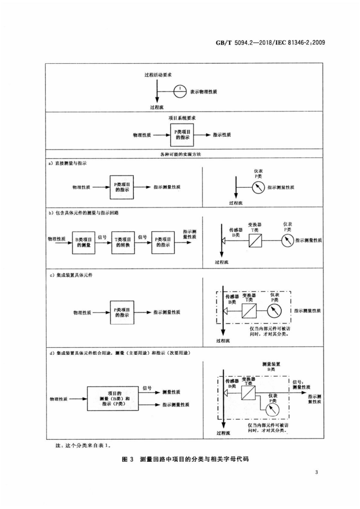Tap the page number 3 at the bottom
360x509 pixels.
(317, 472)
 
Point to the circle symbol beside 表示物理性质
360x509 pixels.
(180, 92)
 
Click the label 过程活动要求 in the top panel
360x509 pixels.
(158, 75)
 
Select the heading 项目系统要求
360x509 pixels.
(182, 118)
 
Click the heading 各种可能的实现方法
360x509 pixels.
(181, 154)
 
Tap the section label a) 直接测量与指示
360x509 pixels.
(68, 163)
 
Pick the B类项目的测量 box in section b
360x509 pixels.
(84, 242)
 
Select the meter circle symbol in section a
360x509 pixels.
(259, 187)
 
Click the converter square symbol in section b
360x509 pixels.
(255, 240)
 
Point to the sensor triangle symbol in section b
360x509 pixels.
(223, 240)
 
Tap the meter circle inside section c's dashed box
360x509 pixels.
(274, 310)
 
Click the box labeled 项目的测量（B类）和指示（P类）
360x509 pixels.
(113, 399)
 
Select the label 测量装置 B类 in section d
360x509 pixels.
(271, 366)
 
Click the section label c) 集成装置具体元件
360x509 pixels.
(71, 275)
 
